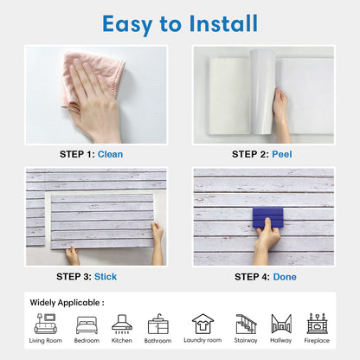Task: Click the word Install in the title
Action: point(223,23)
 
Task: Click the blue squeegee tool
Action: point(267,217)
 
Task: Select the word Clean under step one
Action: point(110,154)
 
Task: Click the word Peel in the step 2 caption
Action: point(282,154)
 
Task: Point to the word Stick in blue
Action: point(106,277)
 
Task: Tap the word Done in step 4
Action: point(285,277)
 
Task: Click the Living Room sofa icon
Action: point(46,324)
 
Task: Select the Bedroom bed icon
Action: point(87,325)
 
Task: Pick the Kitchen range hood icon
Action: point(122,324)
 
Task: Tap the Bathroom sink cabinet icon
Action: point(157,324)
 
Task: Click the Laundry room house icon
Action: point(202,324)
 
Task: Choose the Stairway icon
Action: point(246,324)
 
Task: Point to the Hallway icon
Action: point(281,324)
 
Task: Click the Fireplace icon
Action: point(317,324)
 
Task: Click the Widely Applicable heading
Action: point(67,303)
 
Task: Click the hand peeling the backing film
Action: point(281,115)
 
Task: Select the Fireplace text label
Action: point(317,340)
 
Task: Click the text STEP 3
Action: point(74,277)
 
